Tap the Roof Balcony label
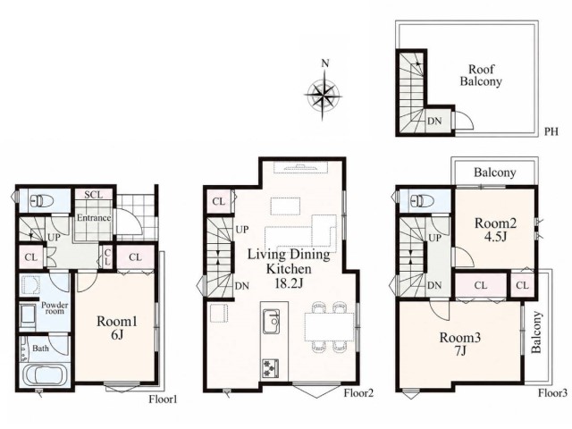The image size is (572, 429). [481, 75]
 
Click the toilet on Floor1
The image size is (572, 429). [42, 200]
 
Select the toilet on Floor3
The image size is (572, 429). [422, 200]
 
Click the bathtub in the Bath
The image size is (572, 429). [45, 376]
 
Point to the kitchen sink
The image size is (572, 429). [272, 322]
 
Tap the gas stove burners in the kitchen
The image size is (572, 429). [270, 368]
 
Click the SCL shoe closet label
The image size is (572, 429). [94, 195]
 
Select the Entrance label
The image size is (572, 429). [94, 218]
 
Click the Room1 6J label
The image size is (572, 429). [117, 328]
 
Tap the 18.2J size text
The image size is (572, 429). [289, 283]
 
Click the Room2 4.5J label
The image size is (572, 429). [495, 230]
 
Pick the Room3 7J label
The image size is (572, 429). [459, 343]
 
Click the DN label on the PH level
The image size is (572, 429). [434, 122]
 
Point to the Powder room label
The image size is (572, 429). [55, 307]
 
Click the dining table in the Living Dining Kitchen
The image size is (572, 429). [330, 326]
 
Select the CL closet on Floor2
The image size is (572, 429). [218, 201]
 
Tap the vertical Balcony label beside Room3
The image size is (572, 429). [536, 332]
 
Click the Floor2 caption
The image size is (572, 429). [359, 393]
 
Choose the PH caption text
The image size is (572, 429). [551, 131]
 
